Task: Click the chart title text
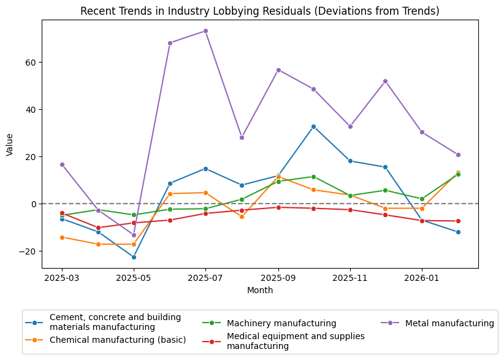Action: [260, 11]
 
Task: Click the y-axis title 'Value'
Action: [9, 144]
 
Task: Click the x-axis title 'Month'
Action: [260, 290]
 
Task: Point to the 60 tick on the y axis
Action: [29, 63]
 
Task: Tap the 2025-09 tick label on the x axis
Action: [278, 277]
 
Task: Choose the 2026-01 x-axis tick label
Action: [422, 277]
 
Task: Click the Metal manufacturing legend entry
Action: [449, 323]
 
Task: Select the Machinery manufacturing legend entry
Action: [281, 323]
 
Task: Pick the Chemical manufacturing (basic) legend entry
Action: [118, 340]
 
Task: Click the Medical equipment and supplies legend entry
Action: [296, 341]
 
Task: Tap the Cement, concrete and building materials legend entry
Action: [115, 322]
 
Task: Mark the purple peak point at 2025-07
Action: [205, 31]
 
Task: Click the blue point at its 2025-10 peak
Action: [313, 126]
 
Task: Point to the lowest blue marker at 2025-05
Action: [134, 257]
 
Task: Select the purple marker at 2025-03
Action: [62, 164]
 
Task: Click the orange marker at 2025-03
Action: [62, 237]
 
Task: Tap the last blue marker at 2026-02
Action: [458, 232]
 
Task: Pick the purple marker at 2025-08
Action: [242, 137]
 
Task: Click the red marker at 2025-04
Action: [98, 228]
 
